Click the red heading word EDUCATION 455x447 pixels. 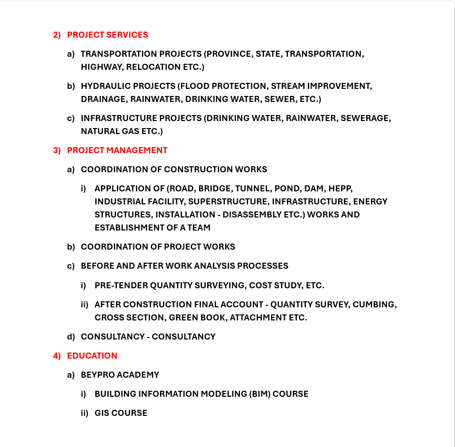click(x=92, y=356)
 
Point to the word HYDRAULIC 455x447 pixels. click(x=103, y=86)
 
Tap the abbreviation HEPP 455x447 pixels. click(x=341, y=188)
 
